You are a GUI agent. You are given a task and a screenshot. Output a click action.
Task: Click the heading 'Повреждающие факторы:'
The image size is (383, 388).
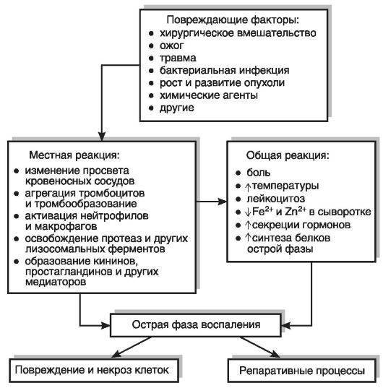pyautogui.click(x=233, y=20)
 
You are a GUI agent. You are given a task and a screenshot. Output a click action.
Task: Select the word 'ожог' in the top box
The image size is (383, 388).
pyautogui.click(x=172, y=46)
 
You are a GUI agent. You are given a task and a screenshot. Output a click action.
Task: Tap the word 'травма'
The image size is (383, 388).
pyautogui.click(x=178, y=58)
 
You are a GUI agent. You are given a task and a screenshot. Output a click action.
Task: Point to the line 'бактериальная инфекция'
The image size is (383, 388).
pyautogui.click(x=225, y=71)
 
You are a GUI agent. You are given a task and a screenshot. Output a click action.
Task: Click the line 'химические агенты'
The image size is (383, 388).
pyautogui.click(x=209, y=95)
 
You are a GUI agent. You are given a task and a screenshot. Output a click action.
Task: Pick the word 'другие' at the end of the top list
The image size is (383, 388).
pyautogui.click(x=176, y=108)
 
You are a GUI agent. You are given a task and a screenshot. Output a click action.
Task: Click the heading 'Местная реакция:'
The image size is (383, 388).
pyautogui.click(x=74, y=155)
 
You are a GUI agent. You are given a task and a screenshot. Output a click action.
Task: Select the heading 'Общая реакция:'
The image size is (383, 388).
pyautogui.click(x=288, y=155)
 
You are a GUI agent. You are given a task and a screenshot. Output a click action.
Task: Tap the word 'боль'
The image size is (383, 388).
pyautogui.click(x=259, y=173)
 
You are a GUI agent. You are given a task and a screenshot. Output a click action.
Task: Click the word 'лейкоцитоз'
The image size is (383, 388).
pyautogui.click(x=276, y=199)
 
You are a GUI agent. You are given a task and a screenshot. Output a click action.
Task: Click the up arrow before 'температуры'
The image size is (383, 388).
pyautogui.click(x=248, y=187)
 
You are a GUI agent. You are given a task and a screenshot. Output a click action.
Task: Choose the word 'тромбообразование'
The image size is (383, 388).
pyautogui.click(x=85, y=204)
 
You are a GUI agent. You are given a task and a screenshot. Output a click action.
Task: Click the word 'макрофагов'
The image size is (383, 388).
pyautogui.click(x=66, y=226)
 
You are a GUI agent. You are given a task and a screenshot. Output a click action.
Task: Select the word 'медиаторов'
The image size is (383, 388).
pyautogui.click(x=56, y=282)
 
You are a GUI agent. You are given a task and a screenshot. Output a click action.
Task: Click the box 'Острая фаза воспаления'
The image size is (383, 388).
pyautogui.click(x=196, y=325)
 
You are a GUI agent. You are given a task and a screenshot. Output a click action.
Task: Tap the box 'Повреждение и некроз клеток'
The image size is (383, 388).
pyautogui.click(x=93, y=371)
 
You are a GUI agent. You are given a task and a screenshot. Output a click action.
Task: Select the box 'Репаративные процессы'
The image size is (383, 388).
pyautogui.click(x=302, y=371)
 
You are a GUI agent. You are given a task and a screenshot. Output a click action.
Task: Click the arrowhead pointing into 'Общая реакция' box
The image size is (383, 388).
pyautogui.click(x=222, y=202)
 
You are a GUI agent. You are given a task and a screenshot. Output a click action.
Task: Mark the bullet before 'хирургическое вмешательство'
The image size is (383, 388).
pyautogui.click(x=151, y=33)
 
